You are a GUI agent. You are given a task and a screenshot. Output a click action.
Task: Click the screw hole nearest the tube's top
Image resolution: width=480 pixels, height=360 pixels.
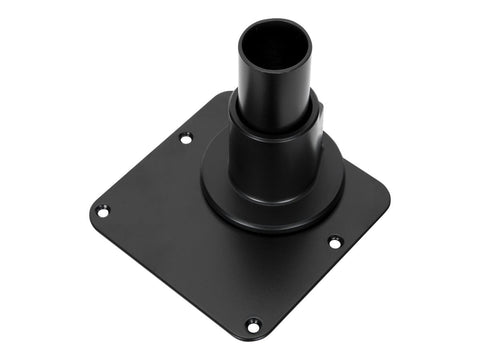pyautogui.click(x=185, y=138)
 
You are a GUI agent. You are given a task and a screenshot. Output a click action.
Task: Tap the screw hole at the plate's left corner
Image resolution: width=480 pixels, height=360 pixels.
pyautogui.click(x=101, y=211)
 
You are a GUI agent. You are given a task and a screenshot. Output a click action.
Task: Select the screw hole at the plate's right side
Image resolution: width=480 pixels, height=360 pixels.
pyautogui.click(x=334, y=241)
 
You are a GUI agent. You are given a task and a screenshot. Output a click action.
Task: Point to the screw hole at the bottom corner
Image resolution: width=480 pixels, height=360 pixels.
pyautogui.click(x=254, y=323)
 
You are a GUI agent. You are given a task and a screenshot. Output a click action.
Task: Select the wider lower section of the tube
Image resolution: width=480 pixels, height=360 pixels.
pyautogui.click(x=270, y=160)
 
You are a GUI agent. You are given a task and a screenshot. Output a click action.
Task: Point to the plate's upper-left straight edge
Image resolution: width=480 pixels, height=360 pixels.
pyautogui.click(x=150, y=150)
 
